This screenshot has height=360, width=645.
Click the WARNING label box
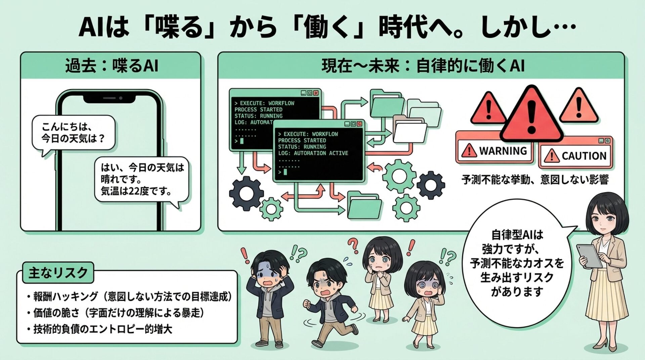pos(495,151)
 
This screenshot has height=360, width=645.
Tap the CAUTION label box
pos(575,156)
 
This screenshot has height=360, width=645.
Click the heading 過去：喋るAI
pos(111,66)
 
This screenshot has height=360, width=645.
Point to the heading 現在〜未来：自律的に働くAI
pos(423,66)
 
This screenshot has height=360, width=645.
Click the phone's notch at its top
pos(109,98)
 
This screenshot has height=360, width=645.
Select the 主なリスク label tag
pos(58,272)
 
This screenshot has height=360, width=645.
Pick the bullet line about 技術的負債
pos(102,329)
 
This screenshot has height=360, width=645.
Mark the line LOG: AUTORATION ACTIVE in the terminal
pos(313,153)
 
